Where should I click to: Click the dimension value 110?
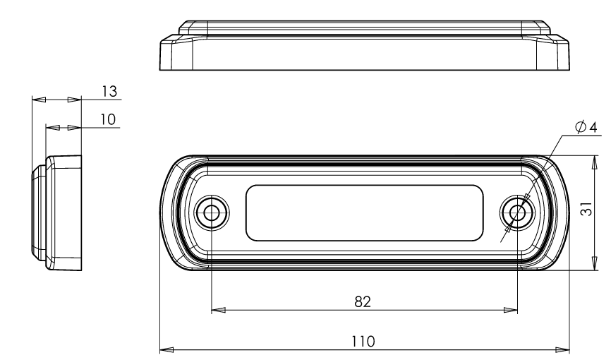tap(363, 342)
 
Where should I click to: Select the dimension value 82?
tap(363, 301)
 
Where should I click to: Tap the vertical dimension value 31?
tap(586, 209)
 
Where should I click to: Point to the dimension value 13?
tap(109, 91)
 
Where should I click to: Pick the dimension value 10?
tap(108, 119)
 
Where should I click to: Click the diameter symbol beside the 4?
tap(581, 127)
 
